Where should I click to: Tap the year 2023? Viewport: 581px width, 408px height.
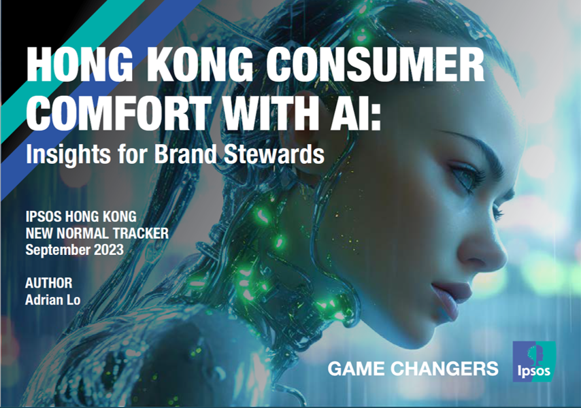(109, 250)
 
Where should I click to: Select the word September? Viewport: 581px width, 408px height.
(58, 251)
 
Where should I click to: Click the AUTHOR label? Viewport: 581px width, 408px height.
(48, 284)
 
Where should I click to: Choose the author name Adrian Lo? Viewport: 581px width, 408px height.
(52, 299)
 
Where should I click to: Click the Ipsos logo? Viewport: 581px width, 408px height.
(533, 362)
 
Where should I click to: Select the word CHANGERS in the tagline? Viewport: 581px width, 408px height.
(444, 369)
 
